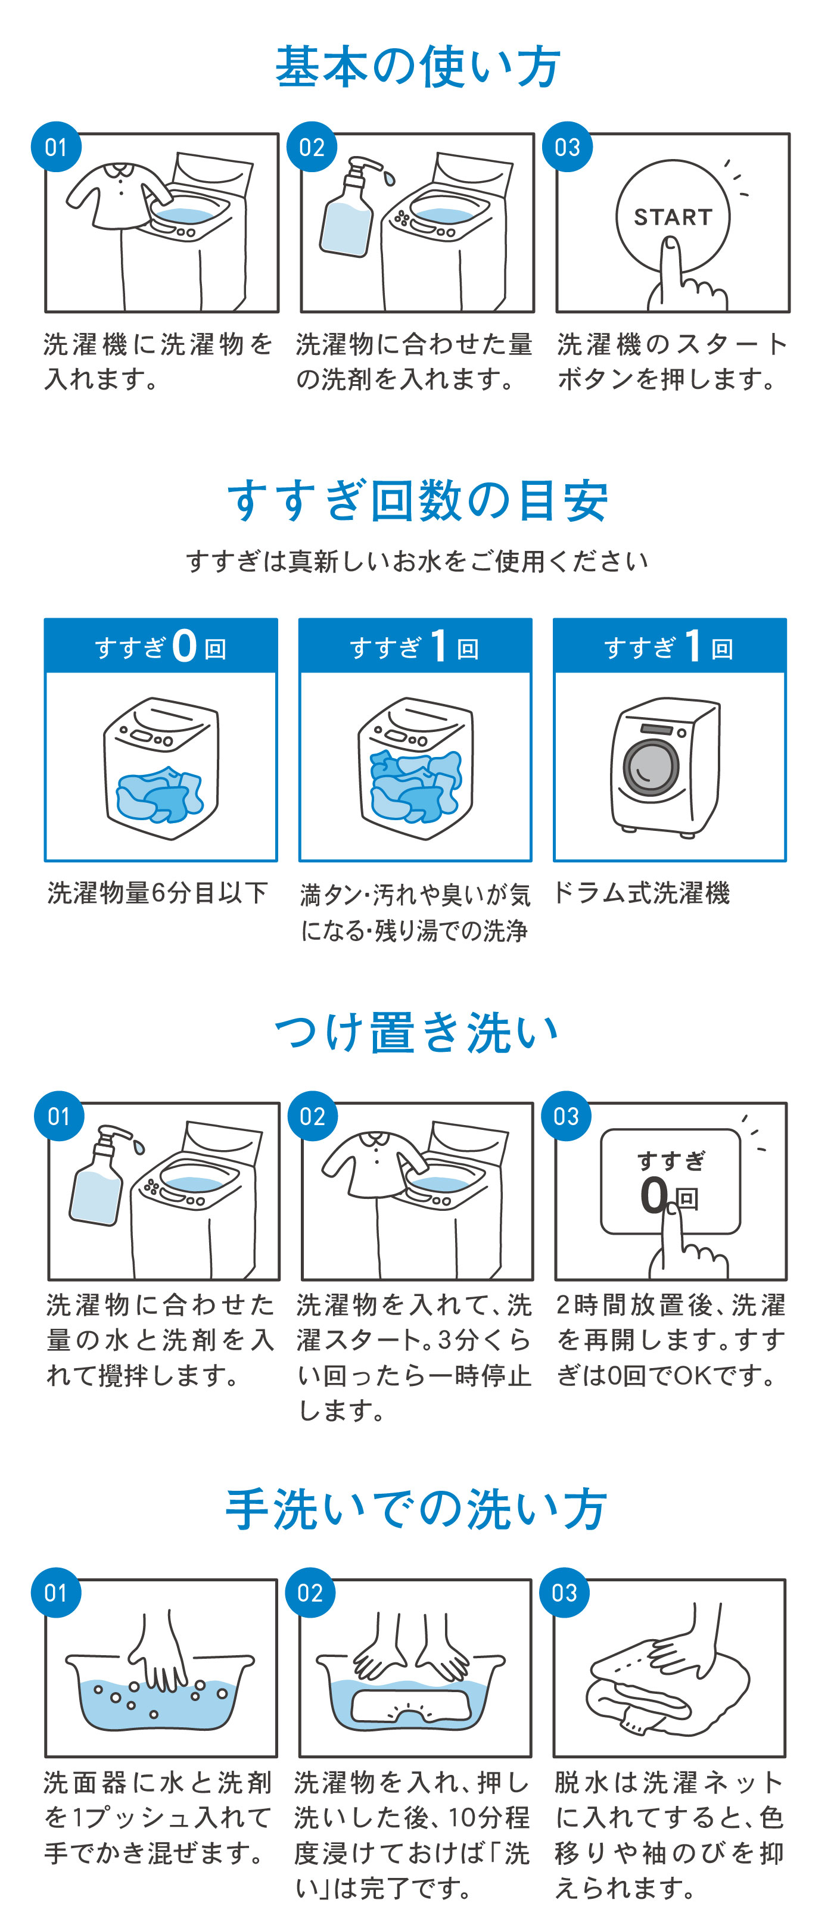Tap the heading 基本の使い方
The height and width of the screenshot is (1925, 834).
(x=417, y=67)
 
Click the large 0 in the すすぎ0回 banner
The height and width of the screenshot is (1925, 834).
(x=184, y=646)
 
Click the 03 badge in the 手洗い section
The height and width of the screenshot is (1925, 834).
(x=564, y=1593)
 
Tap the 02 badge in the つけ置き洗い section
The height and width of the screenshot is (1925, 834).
(x=312, y=1116)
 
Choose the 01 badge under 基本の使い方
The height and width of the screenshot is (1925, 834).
(x=56, y=147)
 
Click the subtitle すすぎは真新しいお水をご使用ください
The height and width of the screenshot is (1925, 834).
(x=417, y=561)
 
